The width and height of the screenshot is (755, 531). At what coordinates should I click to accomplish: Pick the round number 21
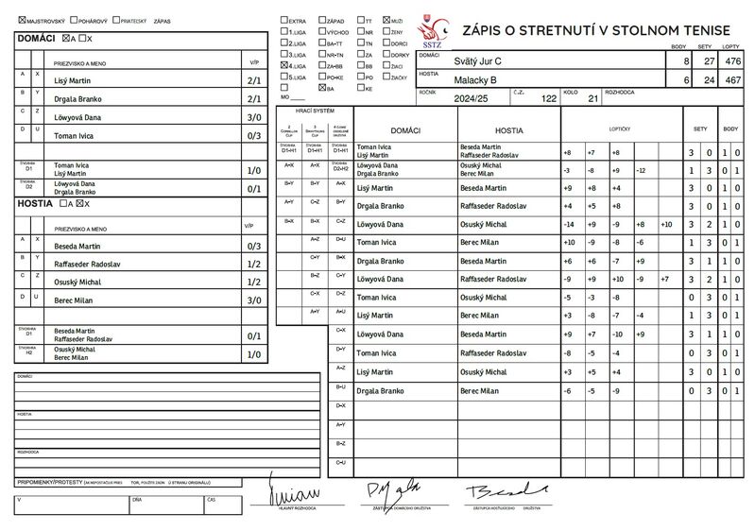click(x=592, y=98)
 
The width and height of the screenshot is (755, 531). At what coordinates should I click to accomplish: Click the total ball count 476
click(x=730, y=60)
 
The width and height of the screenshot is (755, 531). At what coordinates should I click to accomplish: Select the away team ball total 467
click(x=730, y=81)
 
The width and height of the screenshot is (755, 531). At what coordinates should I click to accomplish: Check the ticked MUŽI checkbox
click(x=386, y=19)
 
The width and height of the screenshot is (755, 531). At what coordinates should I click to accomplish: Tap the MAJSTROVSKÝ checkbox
click(x=23, y=19)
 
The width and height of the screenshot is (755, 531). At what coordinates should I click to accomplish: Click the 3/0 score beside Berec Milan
click(x=252, y=300)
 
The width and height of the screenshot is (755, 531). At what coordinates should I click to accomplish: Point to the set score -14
click(x=567, y=224)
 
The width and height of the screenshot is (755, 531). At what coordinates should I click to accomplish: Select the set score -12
click(x=641, y=170)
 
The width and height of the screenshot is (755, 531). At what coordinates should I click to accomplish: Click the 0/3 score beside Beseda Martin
click(x=252, y=246)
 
